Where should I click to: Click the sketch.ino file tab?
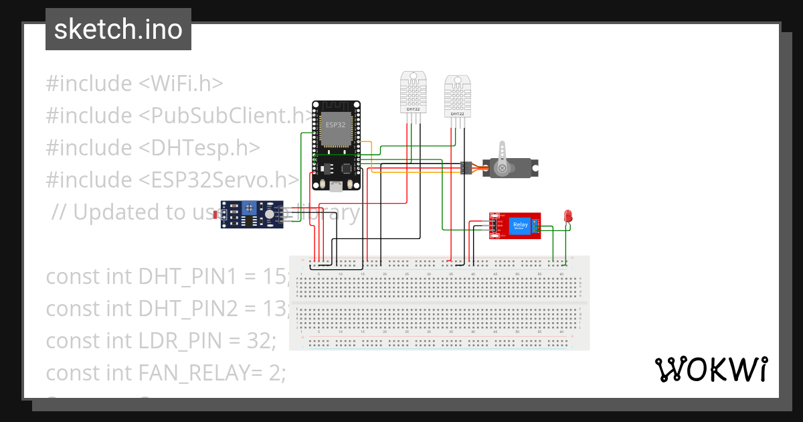tap(118, 29)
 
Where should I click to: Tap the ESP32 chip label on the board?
tap(335, 125)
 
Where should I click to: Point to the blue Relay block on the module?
tap(519, 226)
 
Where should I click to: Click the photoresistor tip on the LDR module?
tap(215, 215)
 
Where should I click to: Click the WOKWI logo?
tap(711, 370)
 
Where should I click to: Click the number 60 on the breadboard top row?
tap(562, 275)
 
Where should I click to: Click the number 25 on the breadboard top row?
tap(407, 275)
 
